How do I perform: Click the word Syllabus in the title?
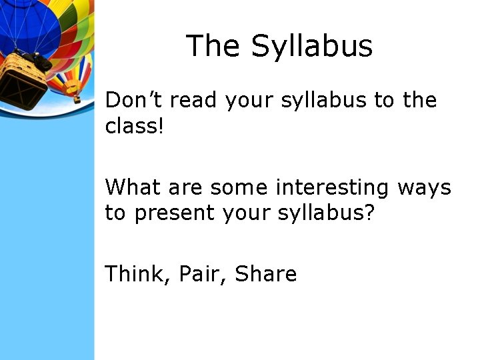312,47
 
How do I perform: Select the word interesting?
332,189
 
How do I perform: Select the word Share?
266,273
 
